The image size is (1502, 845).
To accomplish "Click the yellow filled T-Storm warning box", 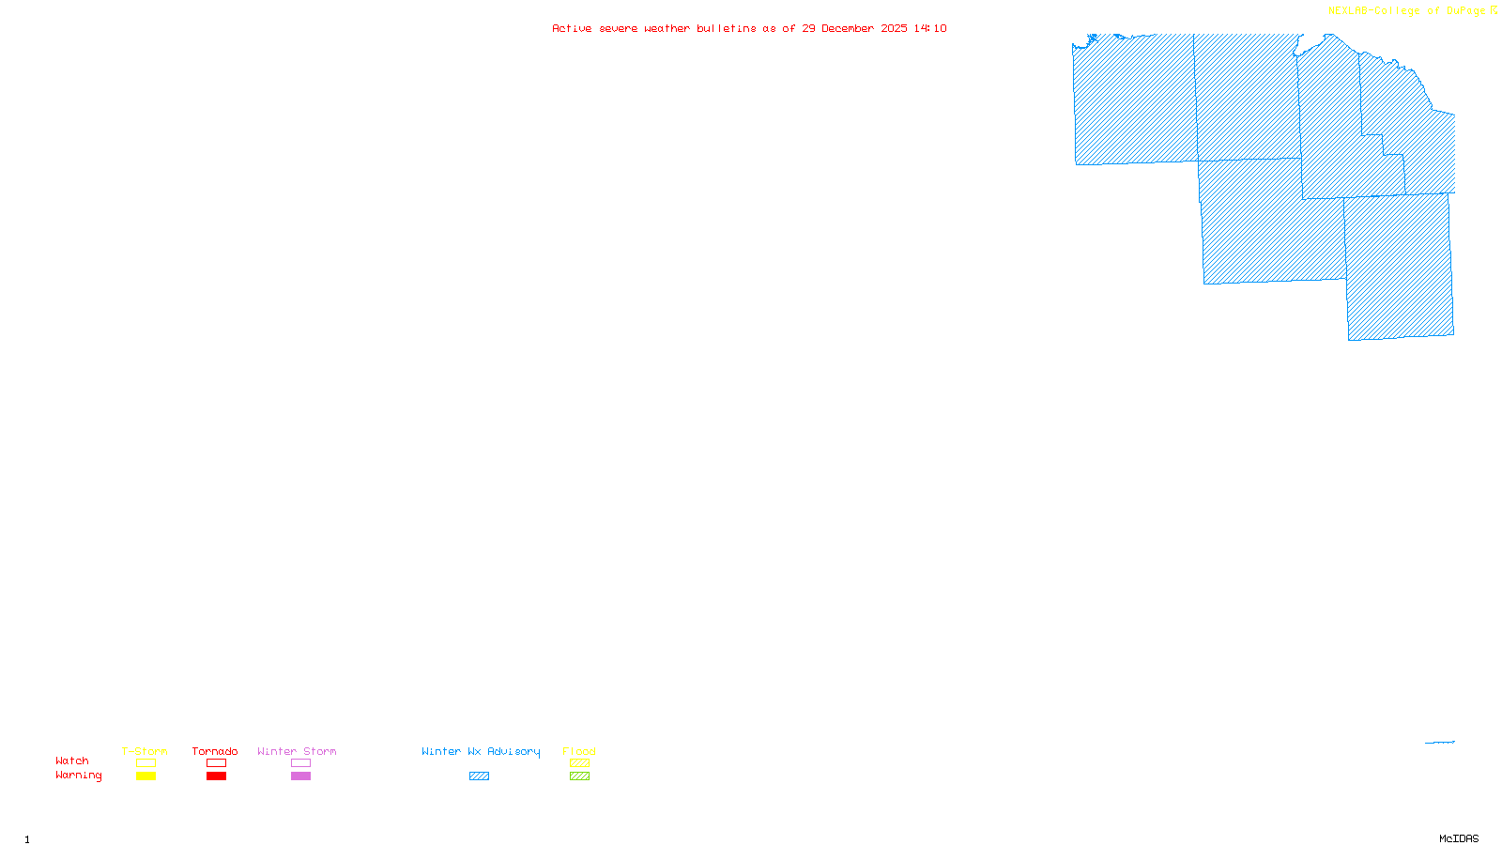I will (146, 776).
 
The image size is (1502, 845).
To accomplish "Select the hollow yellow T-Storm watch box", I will (146, 763).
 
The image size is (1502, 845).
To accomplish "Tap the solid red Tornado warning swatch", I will (216, 776).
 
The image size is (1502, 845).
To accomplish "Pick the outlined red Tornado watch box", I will (216, 763).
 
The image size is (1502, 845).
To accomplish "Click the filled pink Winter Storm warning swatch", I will (300, 776).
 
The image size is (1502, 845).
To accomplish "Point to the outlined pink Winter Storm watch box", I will (300, 763).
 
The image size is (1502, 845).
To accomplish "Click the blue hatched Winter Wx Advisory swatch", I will (479, 776).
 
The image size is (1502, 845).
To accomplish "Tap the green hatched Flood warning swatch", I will (579, 776).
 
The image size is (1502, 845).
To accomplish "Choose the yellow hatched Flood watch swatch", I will (579, 763).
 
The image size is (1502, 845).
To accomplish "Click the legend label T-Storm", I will (145, 751).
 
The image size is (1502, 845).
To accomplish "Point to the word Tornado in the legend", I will (215, 751).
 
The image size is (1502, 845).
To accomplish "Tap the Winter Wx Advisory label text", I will (481, 751).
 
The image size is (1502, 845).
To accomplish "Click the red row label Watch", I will (72, 761).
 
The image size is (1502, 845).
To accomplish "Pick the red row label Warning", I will (78, 776).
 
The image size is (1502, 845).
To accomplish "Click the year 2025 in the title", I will (894, 28).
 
